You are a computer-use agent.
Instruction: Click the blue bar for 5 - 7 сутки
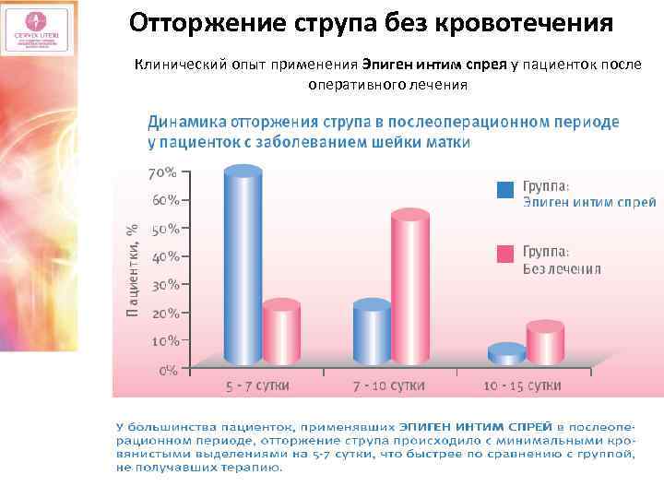click(243, 267)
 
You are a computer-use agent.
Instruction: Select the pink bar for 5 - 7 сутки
click(281, 334)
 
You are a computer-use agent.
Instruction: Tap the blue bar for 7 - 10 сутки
click(372, 334)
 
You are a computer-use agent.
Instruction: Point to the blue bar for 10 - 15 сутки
click(505, 354)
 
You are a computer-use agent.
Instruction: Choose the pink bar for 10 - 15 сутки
click(544, 343)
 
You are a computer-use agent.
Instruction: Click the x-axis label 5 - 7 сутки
click(262, 385)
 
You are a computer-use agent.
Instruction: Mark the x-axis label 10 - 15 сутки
click(524, 385)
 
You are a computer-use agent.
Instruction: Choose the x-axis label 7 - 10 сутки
click(391, 385)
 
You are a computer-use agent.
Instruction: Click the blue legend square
click(504, 190)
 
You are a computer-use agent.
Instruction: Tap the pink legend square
click(504, 254)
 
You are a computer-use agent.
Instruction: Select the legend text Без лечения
click(562, 269)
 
